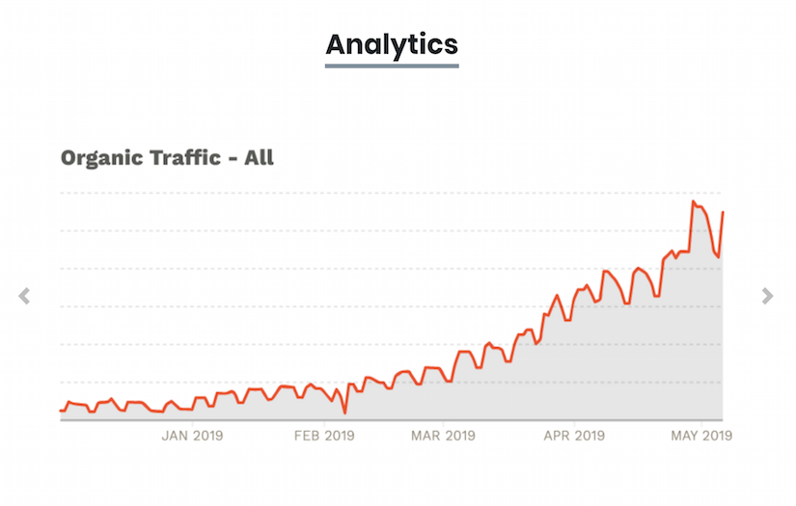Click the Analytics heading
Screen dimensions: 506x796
pos(392,43)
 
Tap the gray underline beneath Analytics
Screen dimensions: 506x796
pos(392,66)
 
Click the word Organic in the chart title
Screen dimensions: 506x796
pos(101,157)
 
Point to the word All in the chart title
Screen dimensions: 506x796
pos(259,157)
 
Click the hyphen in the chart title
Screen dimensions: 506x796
pos(232,158)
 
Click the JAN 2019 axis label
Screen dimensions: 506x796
pos(192,436)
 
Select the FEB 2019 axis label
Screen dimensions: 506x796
pos(324,436)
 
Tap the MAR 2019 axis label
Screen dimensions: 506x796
pos(442,436)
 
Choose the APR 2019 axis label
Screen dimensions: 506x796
pos(574,436)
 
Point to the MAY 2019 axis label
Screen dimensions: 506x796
pos(701,436)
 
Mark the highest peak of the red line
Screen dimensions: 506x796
pos(693,201)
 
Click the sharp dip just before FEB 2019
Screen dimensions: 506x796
pos(344,413)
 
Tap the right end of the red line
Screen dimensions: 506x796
pos(723,212)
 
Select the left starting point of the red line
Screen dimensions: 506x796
pos(61,411)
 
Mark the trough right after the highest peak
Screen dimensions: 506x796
pos(718,256)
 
